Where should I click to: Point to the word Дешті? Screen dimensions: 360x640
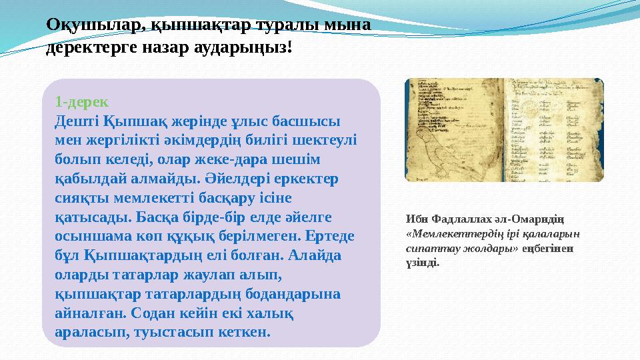tap(77, 122)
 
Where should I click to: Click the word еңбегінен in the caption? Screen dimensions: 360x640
tap(550, 248)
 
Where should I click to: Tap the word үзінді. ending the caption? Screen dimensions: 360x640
tap(422, 262)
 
